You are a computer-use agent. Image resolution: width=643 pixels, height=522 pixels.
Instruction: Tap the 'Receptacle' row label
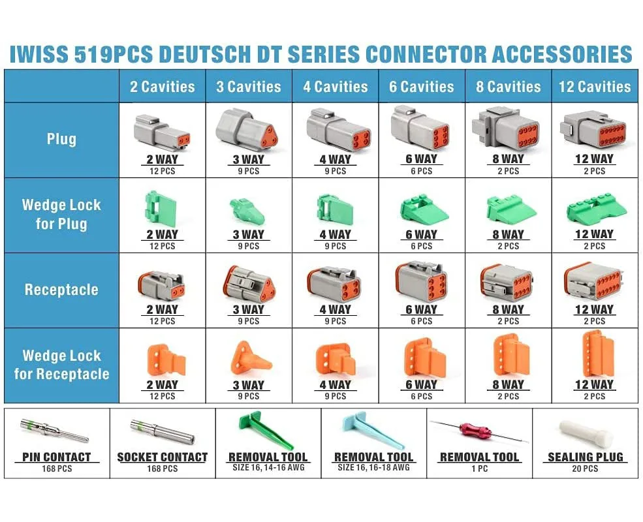[61, 290]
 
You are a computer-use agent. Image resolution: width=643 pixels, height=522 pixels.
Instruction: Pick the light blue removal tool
[368, 431]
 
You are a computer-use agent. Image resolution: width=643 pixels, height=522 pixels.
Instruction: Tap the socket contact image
[160, 431]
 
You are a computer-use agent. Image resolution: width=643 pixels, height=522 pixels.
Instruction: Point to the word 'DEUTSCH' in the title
[222, 54]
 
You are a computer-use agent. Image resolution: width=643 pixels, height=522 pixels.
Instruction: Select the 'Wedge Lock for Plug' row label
[61, 215]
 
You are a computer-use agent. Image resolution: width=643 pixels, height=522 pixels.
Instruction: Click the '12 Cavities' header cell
[595, 87]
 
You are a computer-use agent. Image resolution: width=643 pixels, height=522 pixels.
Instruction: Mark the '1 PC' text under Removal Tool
[479, 468]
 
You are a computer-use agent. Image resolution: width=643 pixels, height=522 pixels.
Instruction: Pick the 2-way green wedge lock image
[161, 209]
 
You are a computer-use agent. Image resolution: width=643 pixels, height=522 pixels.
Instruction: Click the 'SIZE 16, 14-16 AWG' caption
[268, 468]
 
